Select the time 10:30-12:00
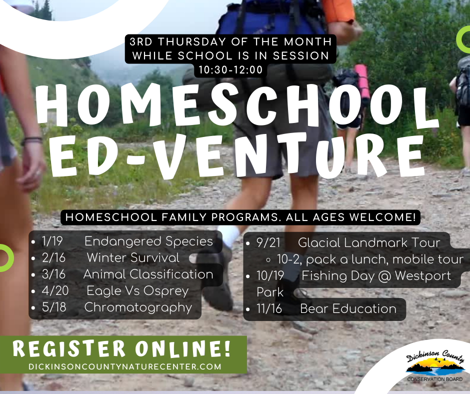pyautogui.click(x=230, y=70)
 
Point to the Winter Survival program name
pyautogui.click(x=132, y=258)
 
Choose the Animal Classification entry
pyautogui.click(x=148, y=274)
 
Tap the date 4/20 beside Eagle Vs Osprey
pyautogui.click(x=56, y=290)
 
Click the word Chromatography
pyautogui.click(x=138, y=307)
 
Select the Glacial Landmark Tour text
pyautogui.click(x=368, y=243)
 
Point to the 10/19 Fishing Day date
pyautogui.click(x=270, y=275)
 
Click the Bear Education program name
pyautogui.click(x=348, y=309)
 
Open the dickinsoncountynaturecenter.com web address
pyautogui.click(x=124, y=366)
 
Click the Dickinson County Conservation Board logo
pyautogui.click(x=434, y=367)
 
